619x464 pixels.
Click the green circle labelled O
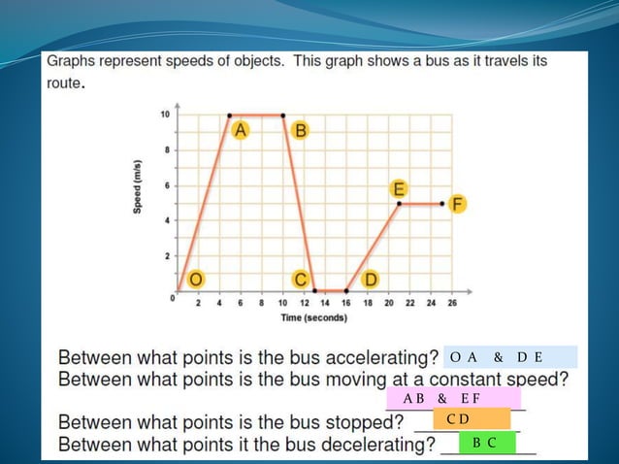tap(196, 280)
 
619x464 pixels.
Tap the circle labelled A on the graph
tap(240, 129)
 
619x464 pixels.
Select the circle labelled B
tap(300, 130)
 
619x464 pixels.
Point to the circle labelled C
tap(301, 280)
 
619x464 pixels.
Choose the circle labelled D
tap(370, 280)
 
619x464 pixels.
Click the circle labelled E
tap(398, 187)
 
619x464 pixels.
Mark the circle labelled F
tap(457, 204)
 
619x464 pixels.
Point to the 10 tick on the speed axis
tap(165, 115)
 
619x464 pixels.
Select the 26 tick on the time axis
tap(452, 303)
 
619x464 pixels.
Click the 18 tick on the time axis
tap(368, 303)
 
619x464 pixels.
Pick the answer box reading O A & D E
tap(509, 356)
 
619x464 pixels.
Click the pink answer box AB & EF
tap(453, 398)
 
